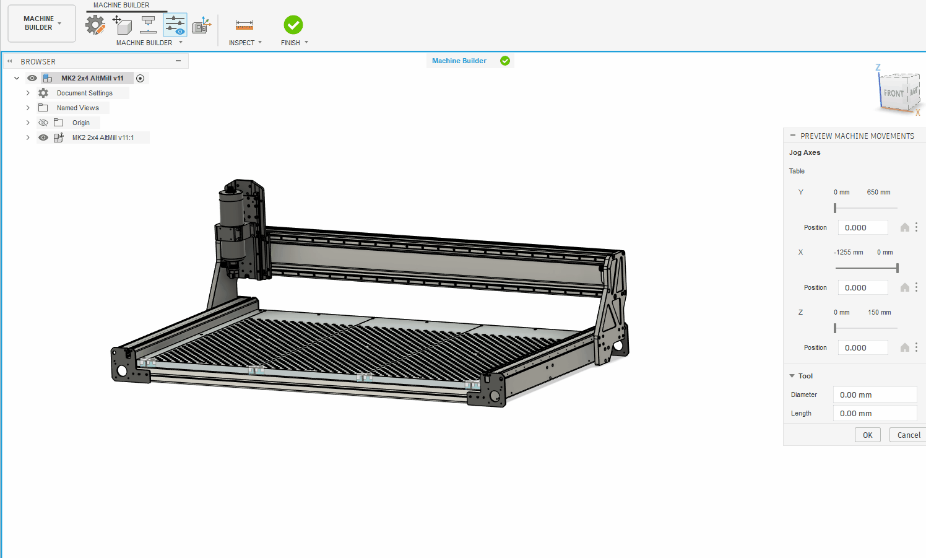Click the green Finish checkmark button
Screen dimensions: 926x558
(293, 25)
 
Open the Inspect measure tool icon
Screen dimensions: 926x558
(244, 25)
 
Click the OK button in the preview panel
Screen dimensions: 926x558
(867, 435)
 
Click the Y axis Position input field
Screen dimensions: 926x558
(863, 227)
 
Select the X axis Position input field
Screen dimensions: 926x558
(863, 287)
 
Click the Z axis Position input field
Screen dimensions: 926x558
(863, 347)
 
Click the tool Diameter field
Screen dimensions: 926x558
(875, 395)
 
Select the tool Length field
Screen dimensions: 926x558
(875, 413)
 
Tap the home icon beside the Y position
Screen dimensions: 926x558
(905, 227)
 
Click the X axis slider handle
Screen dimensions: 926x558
(898, 268)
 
